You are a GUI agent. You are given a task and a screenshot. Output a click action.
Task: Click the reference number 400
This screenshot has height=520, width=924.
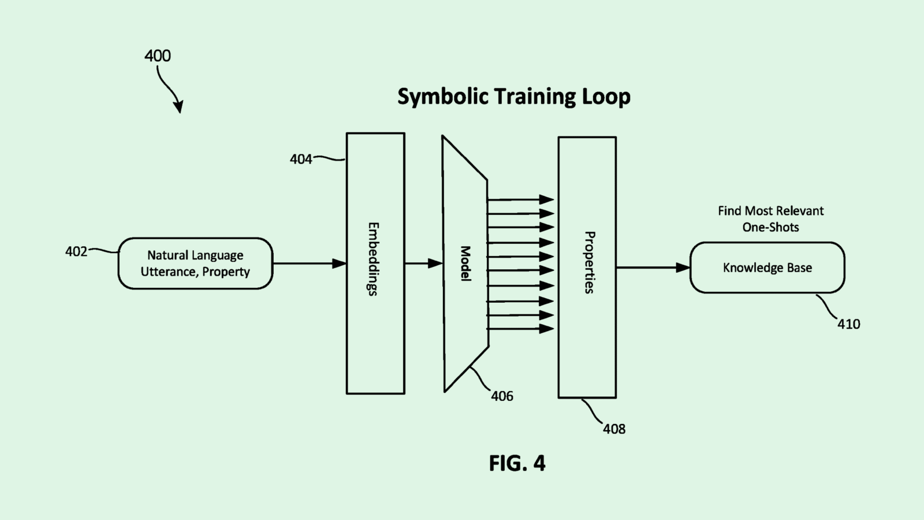(x=157, y=56)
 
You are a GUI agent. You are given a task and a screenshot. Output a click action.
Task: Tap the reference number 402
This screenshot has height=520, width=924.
(x=76, y=251)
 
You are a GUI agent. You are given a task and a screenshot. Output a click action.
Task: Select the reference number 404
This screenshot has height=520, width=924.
(x=301, y=159)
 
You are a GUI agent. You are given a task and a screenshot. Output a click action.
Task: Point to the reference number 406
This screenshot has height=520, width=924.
(x=502, y=396)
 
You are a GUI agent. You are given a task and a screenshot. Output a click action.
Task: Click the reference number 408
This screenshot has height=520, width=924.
(x=614, y=429)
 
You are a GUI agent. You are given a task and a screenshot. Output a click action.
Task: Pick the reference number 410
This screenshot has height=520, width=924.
(x=848, y=324)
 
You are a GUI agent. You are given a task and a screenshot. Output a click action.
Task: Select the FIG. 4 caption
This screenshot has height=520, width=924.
(x=517, y=463)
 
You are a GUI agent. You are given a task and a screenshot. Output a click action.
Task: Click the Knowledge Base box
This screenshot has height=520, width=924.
(x=767, y=268)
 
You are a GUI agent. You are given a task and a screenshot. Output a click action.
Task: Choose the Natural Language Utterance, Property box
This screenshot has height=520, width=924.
(x=195, y=263)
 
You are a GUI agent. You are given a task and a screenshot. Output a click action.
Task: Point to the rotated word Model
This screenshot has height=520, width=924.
(x=465, y=263)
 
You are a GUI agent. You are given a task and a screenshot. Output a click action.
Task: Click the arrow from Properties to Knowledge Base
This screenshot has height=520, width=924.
(x=653, y=268)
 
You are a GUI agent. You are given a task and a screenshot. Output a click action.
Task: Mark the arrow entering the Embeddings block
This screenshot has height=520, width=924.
(x=309, y=263)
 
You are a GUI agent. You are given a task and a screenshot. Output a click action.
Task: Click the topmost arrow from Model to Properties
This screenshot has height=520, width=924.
(x=520, y=199)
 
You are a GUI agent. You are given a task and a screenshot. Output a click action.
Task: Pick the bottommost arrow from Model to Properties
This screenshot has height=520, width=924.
(x=520, y=329)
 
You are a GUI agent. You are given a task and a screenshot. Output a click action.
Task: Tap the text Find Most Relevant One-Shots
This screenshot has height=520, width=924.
(x=770, y=219)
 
